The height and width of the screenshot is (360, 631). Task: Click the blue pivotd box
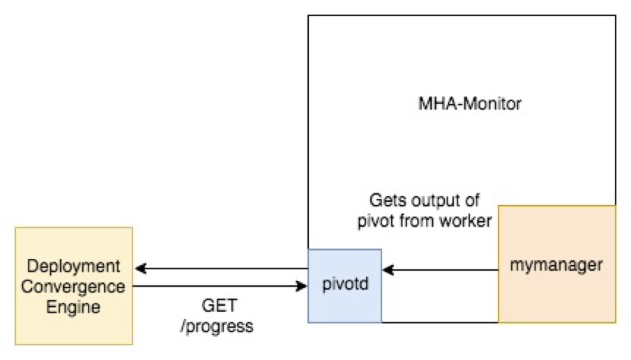tap(345, 286)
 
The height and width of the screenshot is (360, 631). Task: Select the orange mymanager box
tap(557, 264)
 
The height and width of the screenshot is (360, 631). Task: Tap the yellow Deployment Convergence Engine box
tap(74, 286)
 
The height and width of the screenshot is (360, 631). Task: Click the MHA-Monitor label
tap(470, 104)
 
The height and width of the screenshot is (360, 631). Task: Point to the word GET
tap(220, 306)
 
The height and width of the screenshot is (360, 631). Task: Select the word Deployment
tap(74, 267)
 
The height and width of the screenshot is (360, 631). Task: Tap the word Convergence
tap(73, 287)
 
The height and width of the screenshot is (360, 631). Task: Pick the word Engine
tap(73, 308)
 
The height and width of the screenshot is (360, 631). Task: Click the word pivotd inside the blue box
tap(345, 284)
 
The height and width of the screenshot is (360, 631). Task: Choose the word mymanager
tap(556, 265)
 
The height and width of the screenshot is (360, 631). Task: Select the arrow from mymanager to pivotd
tap(440, 270)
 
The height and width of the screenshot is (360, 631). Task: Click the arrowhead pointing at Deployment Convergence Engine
tap(141, 268)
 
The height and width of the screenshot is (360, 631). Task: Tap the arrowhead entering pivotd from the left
tap(302, 286)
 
